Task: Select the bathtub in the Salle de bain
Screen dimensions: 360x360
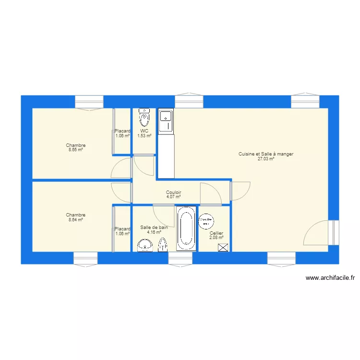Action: click(186, 228)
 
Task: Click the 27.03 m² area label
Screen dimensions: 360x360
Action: click(266, 159)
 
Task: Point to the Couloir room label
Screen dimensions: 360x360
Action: click(173, 192)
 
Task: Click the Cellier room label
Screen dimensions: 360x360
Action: click(216, 233)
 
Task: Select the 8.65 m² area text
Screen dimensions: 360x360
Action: click(75, 150)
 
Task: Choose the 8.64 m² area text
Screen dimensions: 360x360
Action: click(75, 219)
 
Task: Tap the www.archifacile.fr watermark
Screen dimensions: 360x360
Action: click(330, 277)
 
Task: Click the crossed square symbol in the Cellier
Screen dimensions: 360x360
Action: click(223, 248)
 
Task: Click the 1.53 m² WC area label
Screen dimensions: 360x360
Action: click(144, 136)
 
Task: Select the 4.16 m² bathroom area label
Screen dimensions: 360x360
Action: click(154, 232)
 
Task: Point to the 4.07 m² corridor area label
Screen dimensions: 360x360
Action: click(173, 196)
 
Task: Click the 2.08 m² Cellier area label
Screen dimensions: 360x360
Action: click(216, 238)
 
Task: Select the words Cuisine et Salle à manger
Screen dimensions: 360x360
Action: click(266, 154)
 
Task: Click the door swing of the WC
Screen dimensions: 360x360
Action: click(143, 165)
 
